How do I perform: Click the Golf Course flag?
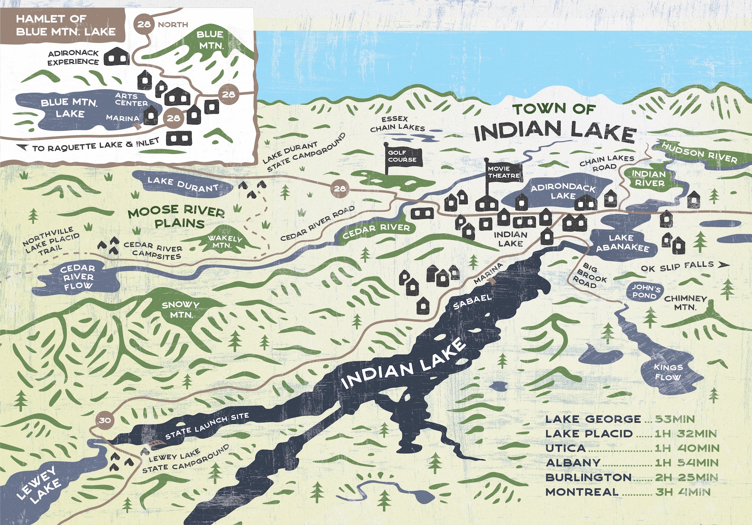404,156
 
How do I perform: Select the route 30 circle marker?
105,420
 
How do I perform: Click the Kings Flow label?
668,372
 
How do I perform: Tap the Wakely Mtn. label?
224,241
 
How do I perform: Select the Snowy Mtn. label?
181,310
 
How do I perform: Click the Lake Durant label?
183,184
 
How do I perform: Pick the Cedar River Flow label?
78,277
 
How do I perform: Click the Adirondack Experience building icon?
116,57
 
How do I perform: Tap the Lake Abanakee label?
622,243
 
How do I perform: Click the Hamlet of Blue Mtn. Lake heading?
65,25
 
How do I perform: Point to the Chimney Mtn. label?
685,303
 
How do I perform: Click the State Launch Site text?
207,426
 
